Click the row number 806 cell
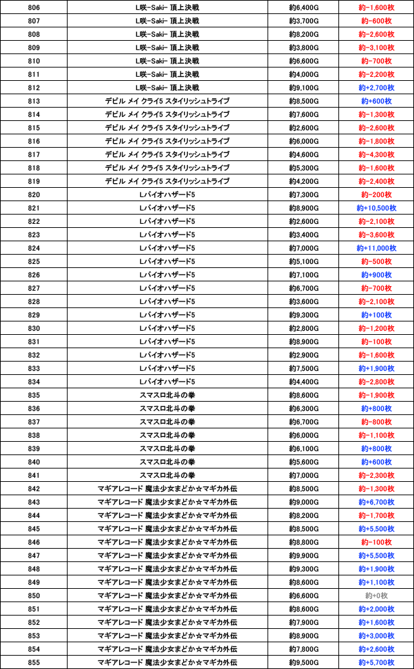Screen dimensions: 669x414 coord(34,7)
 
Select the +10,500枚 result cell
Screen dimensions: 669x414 coord(376,208)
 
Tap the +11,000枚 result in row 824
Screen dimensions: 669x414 coord(376,248)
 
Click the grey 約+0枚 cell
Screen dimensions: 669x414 coord(376,595)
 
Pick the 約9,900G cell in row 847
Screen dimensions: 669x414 coord(304,555)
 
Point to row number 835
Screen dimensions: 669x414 coord(34,395)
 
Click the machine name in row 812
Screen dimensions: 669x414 coord(167,88)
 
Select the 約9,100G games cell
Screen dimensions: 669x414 coord(304,88)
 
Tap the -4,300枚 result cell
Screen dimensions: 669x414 coord(376,154)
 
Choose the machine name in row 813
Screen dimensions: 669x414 coord(167,101)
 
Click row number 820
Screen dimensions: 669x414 coord(34,194)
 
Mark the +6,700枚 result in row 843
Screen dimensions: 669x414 coord(376,502)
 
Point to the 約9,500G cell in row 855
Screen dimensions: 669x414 coord(304,662)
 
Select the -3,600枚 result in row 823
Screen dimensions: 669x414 coord(376,235)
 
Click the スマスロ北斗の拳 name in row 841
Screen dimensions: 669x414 coord(167,475)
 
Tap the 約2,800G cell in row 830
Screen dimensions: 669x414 coord(304,328)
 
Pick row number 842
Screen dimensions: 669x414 coord(34,489)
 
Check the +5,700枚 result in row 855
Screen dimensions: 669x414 coord(376,662)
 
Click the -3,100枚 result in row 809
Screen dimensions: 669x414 coord(376,47)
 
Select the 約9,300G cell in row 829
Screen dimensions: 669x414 coord(304,315)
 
